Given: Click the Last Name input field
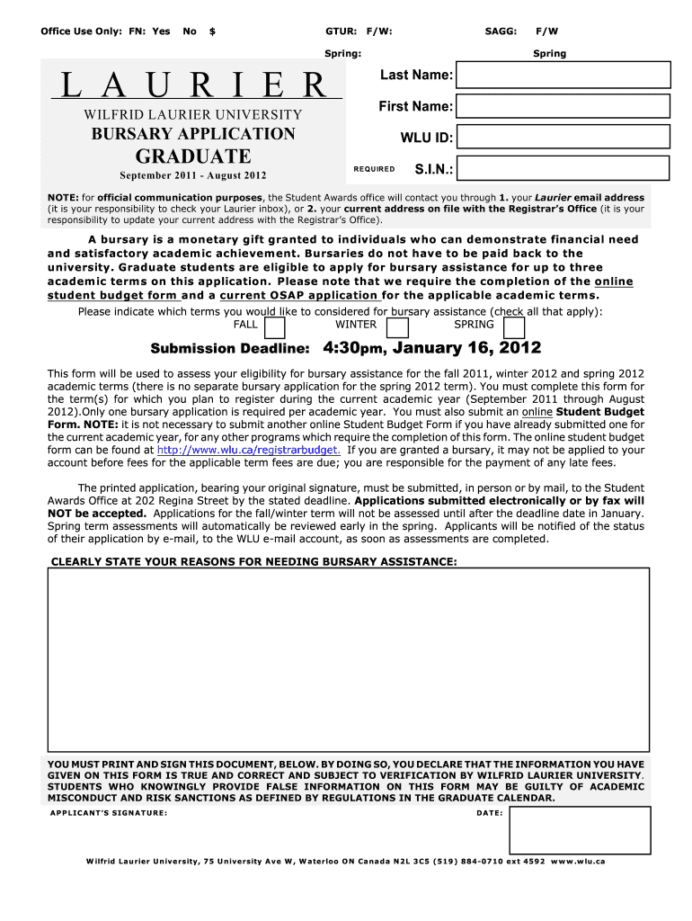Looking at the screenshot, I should pyautogui.click(x=563, y=75).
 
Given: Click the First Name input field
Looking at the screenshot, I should pyautogui.click(x=563, y=106).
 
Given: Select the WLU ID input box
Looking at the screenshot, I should pyautogui.click(x=563, y=137).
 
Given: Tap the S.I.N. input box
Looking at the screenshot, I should pyautogui.click(x=563, y=168).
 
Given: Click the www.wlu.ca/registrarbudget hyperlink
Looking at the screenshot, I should pyautogui.click(x=248, y=450).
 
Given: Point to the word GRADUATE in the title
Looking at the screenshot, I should pyautogui.click(x=193, y=156).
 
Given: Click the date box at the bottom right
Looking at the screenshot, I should pyautogui.click(x=580, y=829).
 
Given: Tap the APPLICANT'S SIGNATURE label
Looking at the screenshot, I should pyautogui.click(x=109, y=813).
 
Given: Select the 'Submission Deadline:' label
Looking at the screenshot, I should pyautogui.click(x=231, y=349).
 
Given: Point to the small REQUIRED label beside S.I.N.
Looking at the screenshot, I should pyautogui.click(x=374, y=169).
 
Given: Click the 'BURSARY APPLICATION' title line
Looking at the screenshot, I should pyautogui.click(x=193, y=134).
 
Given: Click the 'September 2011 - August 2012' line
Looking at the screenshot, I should pyautogui.click(x=193, y=174).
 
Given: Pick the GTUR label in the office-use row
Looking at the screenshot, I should pyautogui.click(x=340, y=31).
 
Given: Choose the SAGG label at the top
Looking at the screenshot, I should pyautogui.click(x=501, y=31).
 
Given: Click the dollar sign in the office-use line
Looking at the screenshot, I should pyautogui.click(x=212, y=31).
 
